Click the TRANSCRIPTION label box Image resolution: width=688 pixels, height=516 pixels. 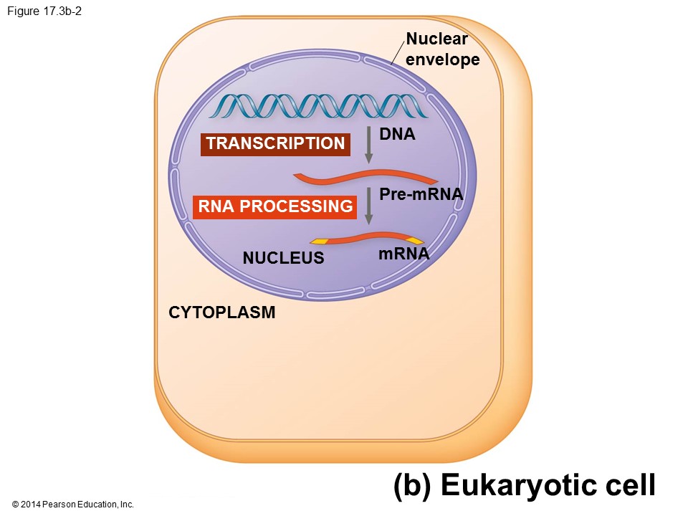tap(275, 143)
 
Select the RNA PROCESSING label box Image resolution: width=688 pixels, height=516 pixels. tap(275, 207)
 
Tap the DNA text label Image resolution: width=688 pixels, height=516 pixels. tap(398, 134)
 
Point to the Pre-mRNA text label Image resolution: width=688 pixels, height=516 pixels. tap(421, 194)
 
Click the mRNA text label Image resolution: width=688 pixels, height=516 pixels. tap(403, 254)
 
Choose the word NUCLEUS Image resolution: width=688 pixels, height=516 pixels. tap(283, 258)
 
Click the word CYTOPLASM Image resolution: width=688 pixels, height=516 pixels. tap(221, 312)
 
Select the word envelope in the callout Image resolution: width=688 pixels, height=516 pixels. tap(442, 59)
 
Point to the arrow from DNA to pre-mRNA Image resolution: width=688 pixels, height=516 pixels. tap(369, 145)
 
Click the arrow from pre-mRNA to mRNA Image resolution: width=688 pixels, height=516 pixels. tap(369, 206)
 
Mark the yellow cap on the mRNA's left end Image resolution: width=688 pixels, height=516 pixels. tap(319, 241)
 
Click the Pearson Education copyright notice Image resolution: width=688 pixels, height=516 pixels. tap(73, 505)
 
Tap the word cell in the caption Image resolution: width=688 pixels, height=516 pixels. tap(631, 485)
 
